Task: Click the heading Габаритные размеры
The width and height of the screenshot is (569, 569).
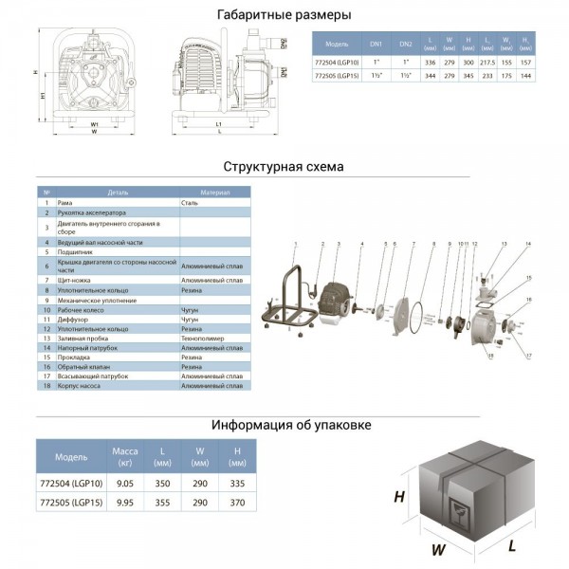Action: coord(284,15)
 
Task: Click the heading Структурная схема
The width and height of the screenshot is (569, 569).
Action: coord(284,167)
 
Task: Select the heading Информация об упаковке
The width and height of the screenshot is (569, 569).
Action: coord(284,425)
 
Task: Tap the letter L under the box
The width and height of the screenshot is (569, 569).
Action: coord(512,545)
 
